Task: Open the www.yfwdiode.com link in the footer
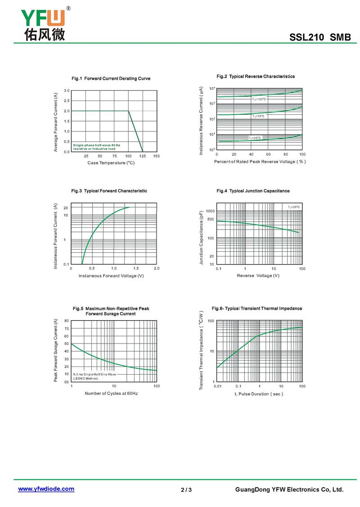(x=46, y=489)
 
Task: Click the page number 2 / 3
(x=186, y=490)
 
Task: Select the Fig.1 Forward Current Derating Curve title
(x=111, y=78)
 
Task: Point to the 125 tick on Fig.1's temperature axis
(x=143, y=156)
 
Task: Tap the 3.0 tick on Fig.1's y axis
(x=66, y=91)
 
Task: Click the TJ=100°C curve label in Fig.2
(x=259, y=99)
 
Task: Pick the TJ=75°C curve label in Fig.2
(x=258, y=116)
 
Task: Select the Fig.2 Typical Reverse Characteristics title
(x=256, y=77)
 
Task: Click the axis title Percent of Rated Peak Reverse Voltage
(x=260, y=162)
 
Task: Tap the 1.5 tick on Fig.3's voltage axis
(x=135, y=268)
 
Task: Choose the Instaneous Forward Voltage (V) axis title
(x=111, y=276)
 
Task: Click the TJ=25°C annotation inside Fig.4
(x=293, y=207)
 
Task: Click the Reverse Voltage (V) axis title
(x=258, y=276)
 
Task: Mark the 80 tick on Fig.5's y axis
(x=66, y=321)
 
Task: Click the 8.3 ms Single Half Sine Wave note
(x=94, y=374)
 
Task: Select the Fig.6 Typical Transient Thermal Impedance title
(x=257, y=308)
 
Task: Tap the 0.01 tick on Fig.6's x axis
(x=218, y=386)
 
